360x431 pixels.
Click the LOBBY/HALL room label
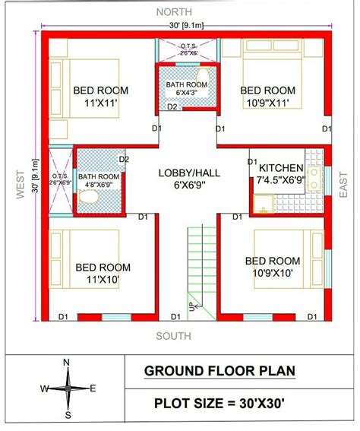point(189,173)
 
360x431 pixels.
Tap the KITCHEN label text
point(281,168)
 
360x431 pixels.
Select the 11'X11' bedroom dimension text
point(101,103)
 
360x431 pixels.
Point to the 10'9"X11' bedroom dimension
point(267,103)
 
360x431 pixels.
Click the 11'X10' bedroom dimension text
point(103,280)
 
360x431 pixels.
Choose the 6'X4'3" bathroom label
point(187,93)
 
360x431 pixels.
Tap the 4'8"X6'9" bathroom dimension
point(99,185)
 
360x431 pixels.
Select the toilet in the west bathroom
point(88,197)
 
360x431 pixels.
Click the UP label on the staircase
point(191,306)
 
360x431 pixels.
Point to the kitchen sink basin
point(264,204)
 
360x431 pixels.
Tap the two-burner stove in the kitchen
point(314,179)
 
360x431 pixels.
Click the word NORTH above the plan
point(174,12)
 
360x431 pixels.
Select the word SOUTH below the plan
point(174,336)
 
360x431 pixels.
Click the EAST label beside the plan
point(343,185)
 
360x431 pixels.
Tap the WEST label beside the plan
point(21,185)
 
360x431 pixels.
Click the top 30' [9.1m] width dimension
point(186,26)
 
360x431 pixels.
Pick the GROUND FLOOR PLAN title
point(219,371)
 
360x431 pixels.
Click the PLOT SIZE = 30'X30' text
point(219,404)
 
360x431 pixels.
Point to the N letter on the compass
point(66,363)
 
